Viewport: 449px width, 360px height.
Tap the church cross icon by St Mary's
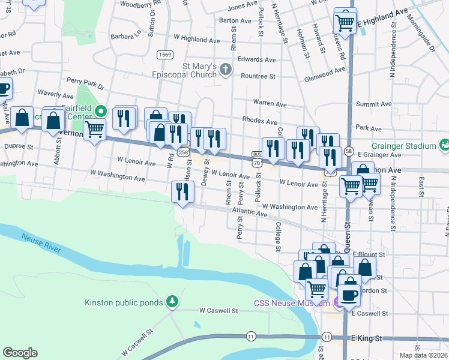(x=226, y=70)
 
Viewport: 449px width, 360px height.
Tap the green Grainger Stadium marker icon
(x=445, y=144)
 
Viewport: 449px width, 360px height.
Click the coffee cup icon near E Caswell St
(x=349, y=295)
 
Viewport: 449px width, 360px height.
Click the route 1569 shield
(x=165, y=55)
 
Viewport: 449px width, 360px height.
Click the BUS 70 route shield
(x=257, y=158)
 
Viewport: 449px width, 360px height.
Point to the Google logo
(x=20, y=352)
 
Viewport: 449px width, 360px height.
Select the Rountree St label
(x=258, y=76)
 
